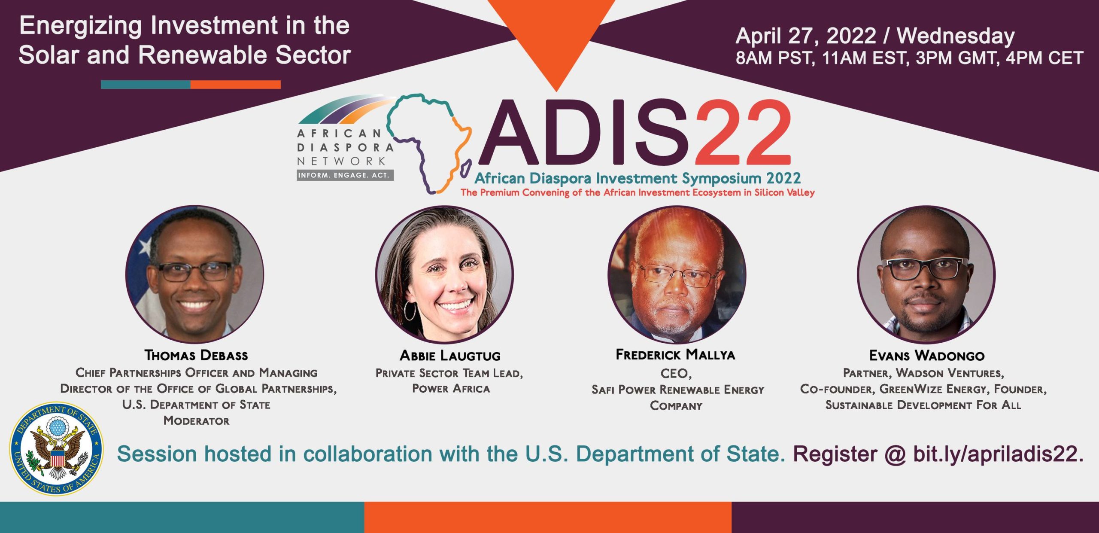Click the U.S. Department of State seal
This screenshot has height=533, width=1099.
pos(56,448)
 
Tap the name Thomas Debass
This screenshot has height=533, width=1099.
pos(196,356)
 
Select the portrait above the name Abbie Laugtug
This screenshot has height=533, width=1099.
pos(444,274)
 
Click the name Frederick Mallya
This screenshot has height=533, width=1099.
pos(675,355)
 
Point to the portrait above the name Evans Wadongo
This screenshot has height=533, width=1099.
pos(926,274)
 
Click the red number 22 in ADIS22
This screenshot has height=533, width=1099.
pos(742,132)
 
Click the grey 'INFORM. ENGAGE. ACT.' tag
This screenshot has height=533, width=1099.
pos(345,175)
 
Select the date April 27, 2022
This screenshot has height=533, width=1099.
pos(806,36)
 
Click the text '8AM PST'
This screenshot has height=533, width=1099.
pos(775,58)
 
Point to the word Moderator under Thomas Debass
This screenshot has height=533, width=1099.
pos(196,421)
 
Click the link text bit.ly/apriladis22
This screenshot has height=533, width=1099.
pos(998,454)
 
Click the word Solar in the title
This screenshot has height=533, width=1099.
pos(49,55)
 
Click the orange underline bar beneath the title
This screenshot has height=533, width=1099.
pos(236,85)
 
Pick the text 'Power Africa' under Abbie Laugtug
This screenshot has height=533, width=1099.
pos(451,389)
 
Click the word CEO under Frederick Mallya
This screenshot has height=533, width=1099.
pos(675,373)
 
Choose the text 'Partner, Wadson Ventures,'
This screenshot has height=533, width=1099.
pos(923,373)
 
